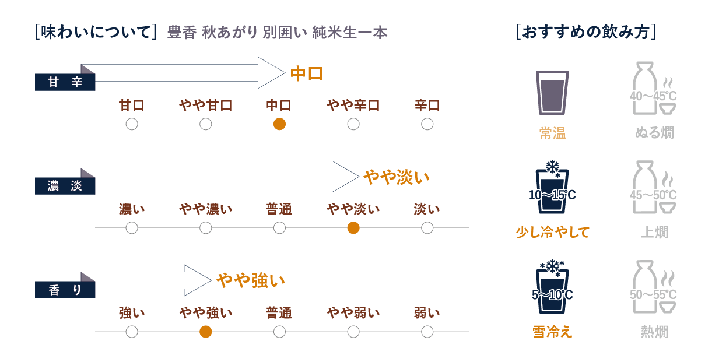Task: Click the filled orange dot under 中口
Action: [x=279, y=124]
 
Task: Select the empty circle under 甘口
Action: [x=132, y=124]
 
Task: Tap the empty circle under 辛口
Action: [x=427, y=124]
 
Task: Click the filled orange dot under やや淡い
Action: [x=353, y=228]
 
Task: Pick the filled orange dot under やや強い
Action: [x=205, y=332]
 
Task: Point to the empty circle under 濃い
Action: [x=132, y=228]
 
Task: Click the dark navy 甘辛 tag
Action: [x=65, y=83]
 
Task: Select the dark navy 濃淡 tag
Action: [x=65, y=187]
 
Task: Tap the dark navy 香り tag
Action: [x=65, y=290]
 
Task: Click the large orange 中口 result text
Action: [x=307, y=74]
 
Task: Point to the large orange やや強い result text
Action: [x=251, y=281]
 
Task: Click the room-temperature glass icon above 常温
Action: [x=552, y=92]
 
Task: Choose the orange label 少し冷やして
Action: [x=552, y=233]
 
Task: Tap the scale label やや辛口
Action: [x=353, y=106]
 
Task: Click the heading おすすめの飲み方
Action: [x=586, y=31]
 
